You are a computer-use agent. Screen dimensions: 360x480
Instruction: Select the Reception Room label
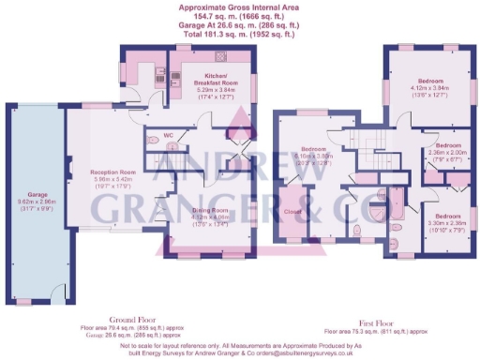pos(112,172)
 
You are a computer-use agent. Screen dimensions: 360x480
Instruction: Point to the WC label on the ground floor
pos(169,136)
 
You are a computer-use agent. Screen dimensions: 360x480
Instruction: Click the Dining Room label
pos(211,211)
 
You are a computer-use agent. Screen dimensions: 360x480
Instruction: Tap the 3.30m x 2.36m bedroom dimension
pos(447,223)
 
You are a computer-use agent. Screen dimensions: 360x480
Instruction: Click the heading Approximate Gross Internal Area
pos(240,7)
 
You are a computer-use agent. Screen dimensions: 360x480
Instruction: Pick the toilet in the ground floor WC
pos(154,142)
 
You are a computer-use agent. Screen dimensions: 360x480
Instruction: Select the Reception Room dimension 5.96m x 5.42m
pos(112,180)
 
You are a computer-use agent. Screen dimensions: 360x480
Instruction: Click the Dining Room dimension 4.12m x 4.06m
pos(211,217)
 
